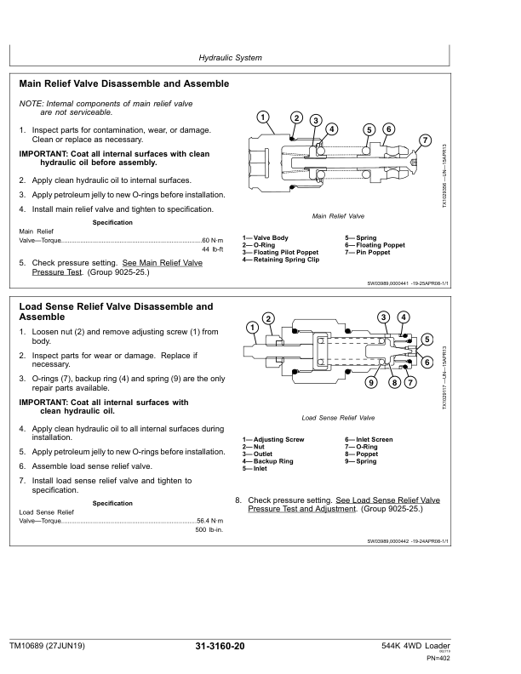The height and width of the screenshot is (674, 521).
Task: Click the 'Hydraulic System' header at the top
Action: (x=230, y=58)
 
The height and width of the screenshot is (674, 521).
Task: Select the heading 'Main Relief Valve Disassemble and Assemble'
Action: (x=123, y=84)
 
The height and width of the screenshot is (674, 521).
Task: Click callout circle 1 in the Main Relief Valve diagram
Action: (x=263, y=117)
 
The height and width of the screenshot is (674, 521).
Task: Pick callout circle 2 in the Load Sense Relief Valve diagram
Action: (x=268, y=318)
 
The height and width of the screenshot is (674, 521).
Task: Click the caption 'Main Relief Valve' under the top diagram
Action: (x=338, y=216)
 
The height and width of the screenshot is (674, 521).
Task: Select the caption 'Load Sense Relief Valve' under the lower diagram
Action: (x=338, y=419)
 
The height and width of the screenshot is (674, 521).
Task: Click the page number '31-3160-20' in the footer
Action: (x=220, y=647)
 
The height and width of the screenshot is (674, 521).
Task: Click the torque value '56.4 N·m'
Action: (x=209, y=519)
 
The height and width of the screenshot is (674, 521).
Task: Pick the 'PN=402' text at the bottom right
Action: (x=438, y=659)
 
